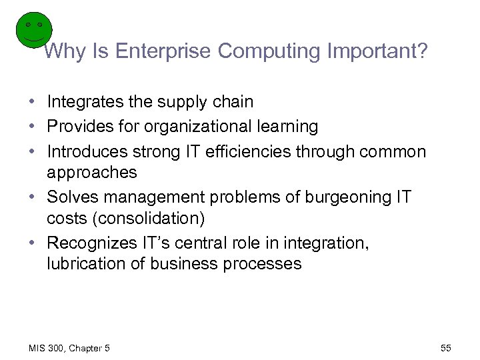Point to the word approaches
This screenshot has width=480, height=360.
92,173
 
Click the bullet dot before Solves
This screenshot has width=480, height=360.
32,198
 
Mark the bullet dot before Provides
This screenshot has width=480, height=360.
32,127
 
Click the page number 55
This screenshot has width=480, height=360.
446,349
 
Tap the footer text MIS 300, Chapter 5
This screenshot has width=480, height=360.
69,349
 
